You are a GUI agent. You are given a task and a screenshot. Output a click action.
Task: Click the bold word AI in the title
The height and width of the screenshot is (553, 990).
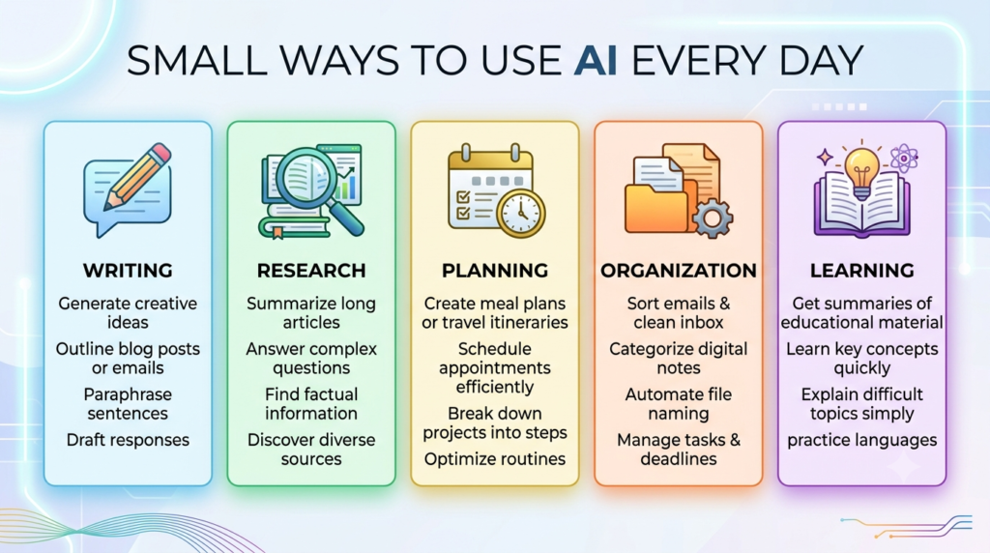596,61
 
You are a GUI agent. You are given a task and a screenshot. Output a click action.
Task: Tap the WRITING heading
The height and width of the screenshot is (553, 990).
128,270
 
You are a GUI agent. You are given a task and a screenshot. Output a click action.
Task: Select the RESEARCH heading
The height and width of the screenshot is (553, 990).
311,270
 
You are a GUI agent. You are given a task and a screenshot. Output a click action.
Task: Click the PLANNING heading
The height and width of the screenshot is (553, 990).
495,270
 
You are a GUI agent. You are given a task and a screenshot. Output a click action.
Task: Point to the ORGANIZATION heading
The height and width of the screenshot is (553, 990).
679,270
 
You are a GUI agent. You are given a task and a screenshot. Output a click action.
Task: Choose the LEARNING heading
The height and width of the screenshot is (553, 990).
861,270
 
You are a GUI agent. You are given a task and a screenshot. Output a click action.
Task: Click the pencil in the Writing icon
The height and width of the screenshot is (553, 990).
138,176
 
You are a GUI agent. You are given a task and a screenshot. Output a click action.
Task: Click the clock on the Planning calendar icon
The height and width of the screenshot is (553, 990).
521,213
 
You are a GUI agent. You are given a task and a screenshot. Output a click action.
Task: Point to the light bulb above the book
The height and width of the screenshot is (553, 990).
861,172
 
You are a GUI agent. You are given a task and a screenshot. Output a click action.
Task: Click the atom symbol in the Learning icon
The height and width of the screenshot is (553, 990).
904,158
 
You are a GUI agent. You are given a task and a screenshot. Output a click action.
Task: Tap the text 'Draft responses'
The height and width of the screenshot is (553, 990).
128,440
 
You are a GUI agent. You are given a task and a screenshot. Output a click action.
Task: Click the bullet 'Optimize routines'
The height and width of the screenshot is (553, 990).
495,459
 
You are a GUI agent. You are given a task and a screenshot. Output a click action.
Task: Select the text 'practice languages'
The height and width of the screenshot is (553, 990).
861,440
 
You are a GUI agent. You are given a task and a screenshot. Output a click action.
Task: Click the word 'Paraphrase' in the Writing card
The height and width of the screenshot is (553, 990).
128,394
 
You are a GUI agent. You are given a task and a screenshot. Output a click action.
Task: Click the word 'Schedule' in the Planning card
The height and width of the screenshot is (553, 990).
495,349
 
